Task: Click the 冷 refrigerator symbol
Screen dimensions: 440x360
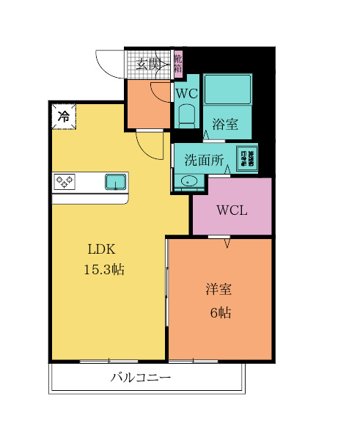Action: pyautogui.click(x=64, y=116)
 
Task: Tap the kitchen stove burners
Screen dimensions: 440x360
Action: pyautogui.click(x=64, y=181)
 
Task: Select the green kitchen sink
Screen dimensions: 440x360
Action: pyautogui.click(x=116, y=181)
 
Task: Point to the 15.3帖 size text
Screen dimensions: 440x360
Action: pyautogui.click(x=103, y=269)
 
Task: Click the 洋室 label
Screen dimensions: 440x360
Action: pyautogui.click(x=218, y=290)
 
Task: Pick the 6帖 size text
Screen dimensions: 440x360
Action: pyautogui.click(x=221, y=313)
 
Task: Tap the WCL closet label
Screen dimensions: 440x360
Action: pyautogui.click(x=232, y=210)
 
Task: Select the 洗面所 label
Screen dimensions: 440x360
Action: pyautogui.click(x=204, y=161)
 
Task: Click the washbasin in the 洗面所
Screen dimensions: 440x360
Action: pyautogui.click(x=185, y=183)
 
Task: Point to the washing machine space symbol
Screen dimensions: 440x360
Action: pyautogui.click(x=247, y=158)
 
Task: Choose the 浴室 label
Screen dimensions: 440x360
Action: pyautogui.click(x=224, y=124)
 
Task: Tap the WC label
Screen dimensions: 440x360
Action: pyautogui.click(x=185, y=94)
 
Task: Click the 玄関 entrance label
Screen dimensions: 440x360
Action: pyautogui.click(x=148, y=65)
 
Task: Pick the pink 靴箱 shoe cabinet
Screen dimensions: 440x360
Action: pyautogui.click(x=178, y=65)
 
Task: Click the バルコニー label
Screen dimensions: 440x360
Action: pyautogui.click(x=142, y=378)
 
